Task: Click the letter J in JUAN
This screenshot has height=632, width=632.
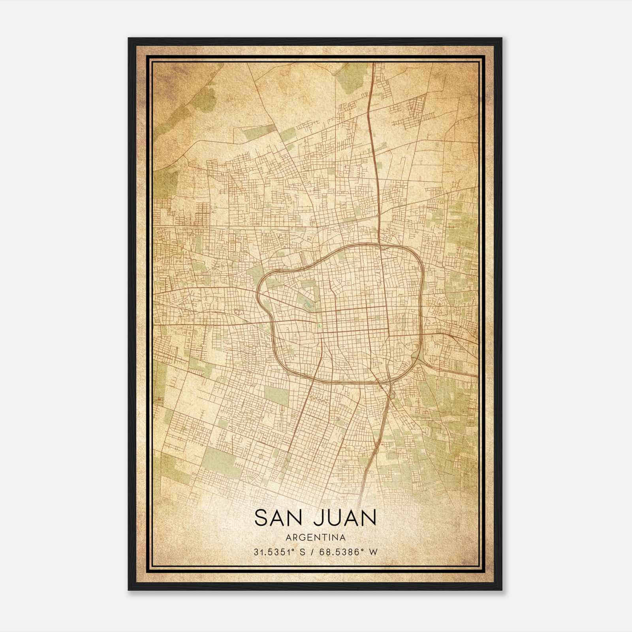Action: tap(318, 518)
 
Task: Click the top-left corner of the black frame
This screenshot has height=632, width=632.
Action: tap(129, 39)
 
